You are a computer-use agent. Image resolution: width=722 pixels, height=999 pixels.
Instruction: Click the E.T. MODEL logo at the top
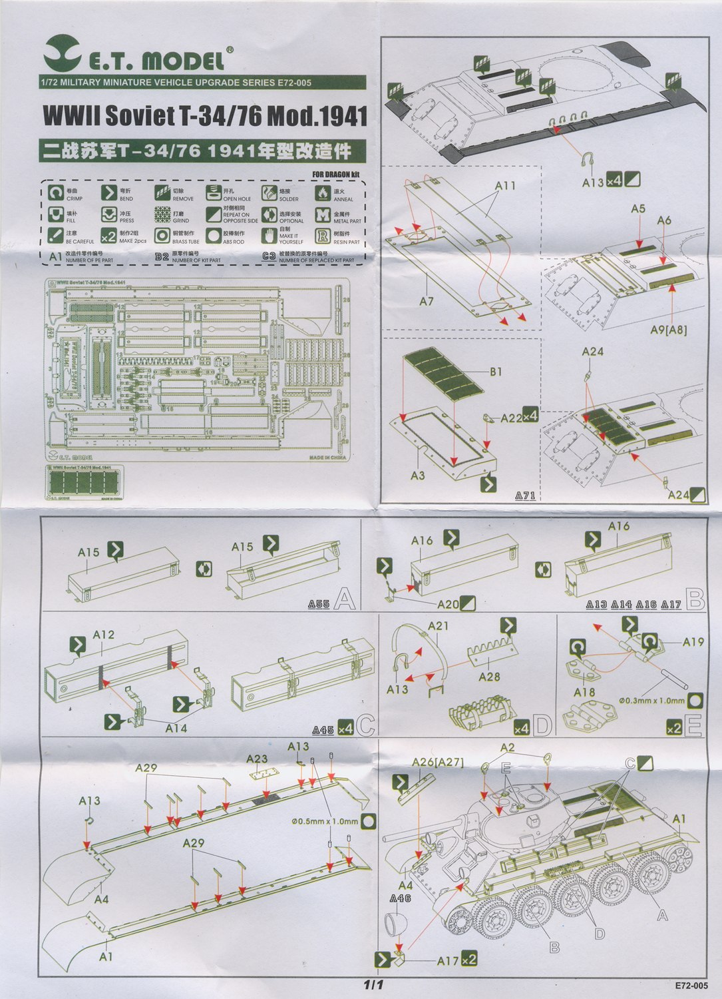coord(140,59)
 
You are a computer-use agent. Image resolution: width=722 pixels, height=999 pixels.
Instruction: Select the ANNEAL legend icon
coord(323,193)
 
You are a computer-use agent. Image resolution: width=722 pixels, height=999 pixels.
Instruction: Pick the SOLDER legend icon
coord(269,193)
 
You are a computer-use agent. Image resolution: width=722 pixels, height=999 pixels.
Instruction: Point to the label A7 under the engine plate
coord(427,302)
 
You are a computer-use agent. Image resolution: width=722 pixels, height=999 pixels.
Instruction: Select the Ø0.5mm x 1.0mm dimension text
coord(325,821)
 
